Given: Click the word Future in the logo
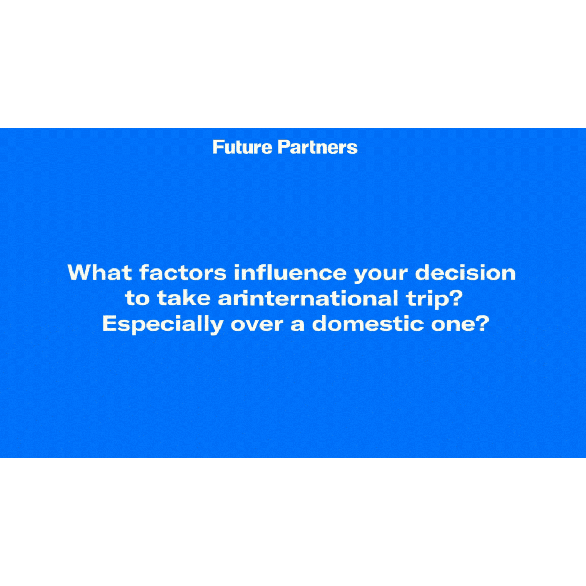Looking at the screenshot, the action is (242, 147).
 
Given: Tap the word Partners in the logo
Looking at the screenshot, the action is (318, 147).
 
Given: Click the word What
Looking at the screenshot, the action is (100, 272).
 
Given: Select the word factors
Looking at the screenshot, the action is (183, 272).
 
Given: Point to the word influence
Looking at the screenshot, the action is (290, 272).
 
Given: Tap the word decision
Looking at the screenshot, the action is (465, 272).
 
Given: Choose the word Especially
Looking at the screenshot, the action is (162, 324).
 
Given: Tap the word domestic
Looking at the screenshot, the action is (368, 323).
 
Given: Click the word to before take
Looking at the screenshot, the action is (137, 299).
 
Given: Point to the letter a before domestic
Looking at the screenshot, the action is (297, 325).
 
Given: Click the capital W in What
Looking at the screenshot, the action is (81, 272).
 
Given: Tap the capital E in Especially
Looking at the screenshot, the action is (110, 323).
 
